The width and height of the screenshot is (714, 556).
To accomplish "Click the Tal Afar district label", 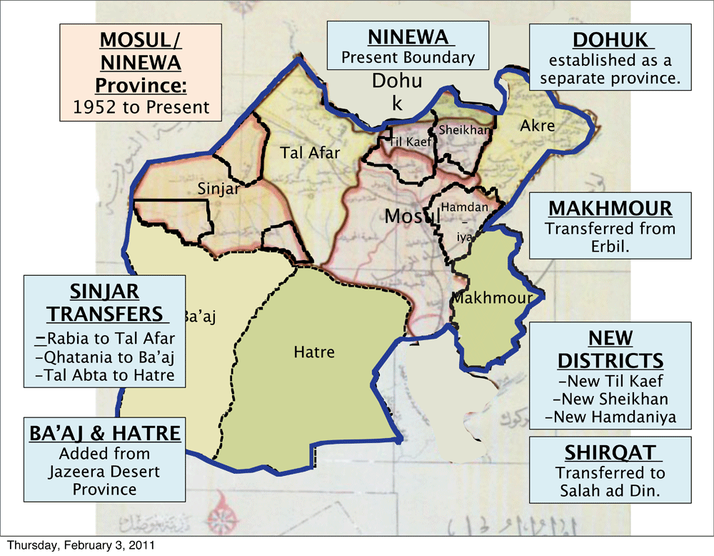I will click(x=310, y=152).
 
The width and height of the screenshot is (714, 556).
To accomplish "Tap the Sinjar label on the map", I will click(x=218, y=189).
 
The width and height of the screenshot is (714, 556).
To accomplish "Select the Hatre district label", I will click(x=313, y=352).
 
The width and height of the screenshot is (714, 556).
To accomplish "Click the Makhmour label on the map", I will click(x=492, y=298).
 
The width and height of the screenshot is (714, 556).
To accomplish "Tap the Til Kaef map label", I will click(x=406, y=142).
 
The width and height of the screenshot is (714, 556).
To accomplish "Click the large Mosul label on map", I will click(x=410, y=215).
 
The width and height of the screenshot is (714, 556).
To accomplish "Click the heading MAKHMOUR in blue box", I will click(x=610, y=208).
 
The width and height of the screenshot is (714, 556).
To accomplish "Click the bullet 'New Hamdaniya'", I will click(x=610, y=417).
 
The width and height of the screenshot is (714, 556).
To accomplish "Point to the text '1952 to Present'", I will click(x=141, y=108).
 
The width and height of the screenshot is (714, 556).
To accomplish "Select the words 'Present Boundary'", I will click(x=407, y=57).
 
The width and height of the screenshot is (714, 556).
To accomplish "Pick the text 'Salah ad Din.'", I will click(x=610, y=490).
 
